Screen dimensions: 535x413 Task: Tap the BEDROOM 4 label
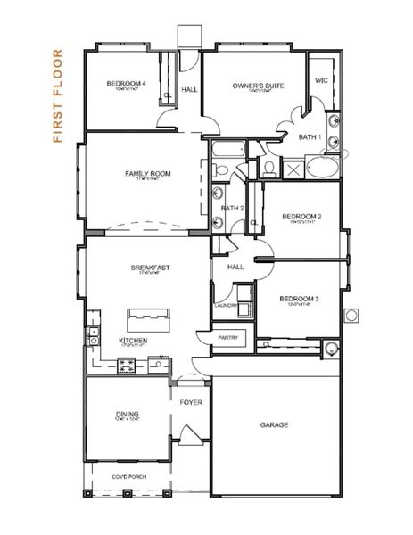tap(126, 84)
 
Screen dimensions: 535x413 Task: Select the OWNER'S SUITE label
tap(258, 86)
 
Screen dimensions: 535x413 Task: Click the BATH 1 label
tap(310, 136)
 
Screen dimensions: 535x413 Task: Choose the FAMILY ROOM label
tap(148, 173)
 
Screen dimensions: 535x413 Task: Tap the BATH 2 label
tap(232, 208)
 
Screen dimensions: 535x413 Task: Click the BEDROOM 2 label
tap(301, 216)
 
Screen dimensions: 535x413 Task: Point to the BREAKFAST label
tap(150, 267)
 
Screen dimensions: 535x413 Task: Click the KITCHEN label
tap(133, 341)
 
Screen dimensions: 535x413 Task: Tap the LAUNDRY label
tap(225, 306)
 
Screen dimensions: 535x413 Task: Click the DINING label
tap(127, 414)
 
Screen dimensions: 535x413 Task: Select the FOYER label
tap(191, 402)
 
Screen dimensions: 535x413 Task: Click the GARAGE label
tap(274, 425)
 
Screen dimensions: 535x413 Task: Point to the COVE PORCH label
tap(130, 476)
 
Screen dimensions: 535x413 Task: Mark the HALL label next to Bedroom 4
tap(189, 89)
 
